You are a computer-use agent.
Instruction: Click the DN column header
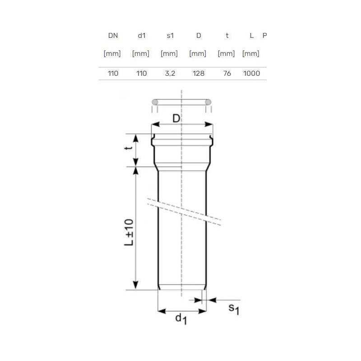pos(113,36)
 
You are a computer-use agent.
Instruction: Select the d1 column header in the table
pos(142,36)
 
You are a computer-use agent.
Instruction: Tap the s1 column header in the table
pos(170,36)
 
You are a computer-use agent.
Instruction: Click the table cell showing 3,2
pos(170,74)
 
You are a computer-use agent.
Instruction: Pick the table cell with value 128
pos(199,74)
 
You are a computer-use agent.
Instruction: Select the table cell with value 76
pos(227,74)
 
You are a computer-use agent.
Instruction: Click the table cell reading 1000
pos(251,74)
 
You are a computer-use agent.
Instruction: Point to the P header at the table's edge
pos(264,36)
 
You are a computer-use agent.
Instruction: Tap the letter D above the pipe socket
pos(176,119)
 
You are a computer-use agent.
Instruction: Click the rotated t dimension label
pos(129,148)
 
